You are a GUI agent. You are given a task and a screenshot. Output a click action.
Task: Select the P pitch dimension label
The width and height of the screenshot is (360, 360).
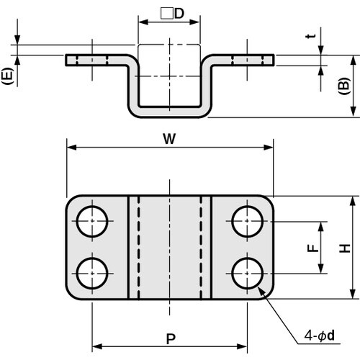pos(169,336)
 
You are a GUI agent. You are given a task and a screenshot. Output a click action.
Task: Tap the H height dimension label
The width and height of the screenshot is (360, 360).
pos(346,248)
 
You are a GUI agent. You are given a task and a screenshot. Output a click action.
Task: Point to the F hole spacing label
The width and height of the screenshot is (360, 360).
pos(311,248)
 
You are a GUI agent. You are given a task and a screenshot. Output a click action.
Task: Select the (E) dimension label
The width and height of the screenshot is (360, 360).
pos(6,76)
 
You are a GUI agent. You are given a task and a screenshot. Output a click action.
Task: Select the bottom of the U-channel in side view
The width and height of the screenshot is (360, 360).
pos(169,110)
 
